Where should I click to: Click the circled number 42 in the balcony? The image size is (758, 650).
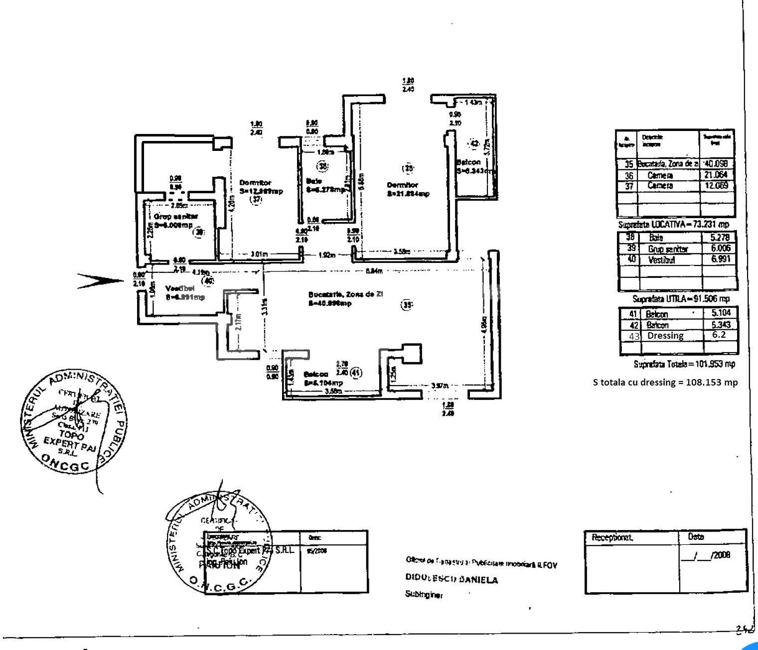pos(474,143)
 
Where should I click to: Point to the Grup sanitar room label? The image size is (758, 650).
pos(175,216)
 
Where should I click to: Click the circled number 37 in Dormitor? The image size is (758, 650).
pos(256,199)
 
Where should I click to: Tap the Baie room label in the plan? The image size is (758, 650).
pos(314,181)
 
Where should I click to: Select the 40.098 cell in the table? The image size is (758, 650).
pos(718,164)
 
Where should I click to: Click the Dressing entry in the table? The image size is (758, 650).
pos(665,336)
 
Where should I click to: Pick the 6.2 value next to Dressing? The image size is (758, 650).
pos(718,335)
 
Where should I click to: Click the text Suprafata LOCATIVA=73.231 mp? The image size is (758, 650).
pos(673,225)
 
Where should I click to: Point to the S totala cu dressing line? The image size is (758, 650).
pos(665,382)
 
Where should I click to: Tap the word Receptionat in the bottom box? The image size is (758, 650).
pos(612,538)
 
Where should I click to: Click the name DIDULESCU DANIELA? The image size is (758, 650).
pos(451,580)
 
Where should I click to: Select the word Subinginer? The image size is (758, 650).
pos(424,595)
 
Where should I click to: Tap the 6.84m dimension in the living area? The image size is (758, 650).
pos(374,270)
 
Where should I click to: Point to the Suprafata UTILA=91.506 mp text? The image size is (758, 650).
pos(681,299)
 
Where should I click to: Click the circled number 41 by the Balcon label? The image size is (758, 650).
pos(355,372)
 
